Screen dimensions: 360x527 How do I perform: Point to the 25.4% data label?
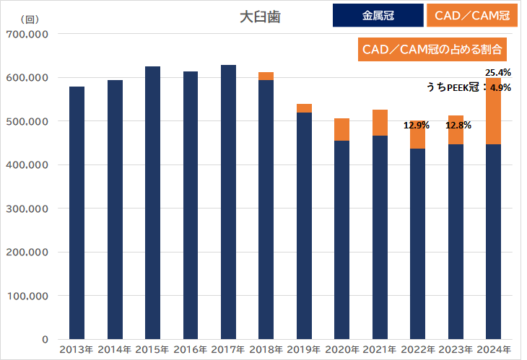[x=498, y=73]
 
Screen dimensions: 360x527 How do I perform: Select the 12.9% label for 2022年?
[x=417, y=126]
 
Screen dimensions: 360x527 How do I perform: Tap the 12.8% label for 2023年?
[x=458, y=126]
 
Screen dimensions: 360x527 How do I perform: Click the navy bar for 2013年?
[x=77, y=213]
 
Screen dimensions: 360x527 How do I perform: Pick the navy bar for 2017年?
[x=228, y=202]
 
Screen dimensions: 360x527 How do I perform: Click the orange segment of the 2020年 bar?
[x=341, y=130]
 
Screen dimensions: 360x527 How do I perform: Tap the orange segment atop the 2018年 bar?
[x=266, y=76]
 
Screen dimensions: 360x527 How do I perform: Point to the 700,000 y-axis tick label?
[x=26, y=34]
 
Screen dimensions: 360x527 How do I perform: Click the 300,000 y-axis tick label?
[x=26, y=208]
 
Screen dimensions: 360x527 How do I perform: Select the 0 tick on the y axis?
[x=44, y=339]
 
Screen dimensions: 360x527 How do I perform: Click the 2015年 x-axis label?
[x=152, y=350]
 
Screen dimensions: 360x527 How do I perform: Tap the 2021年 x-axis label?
[x=380, y=350]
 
